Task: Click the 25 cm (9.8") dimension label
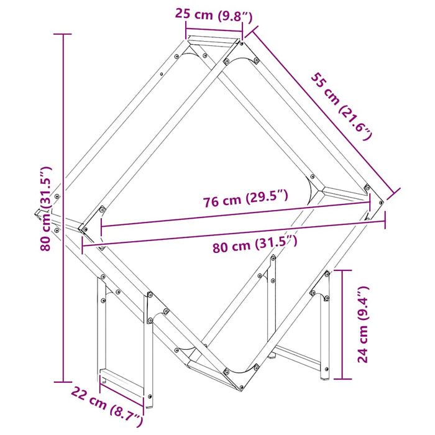(x=213, y=14)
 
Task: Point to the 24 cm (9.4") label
(x=364, y=324)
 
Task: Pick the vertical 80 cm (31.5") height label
(x=45, y=208)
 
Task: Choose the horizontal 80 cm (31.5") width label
(x=255, y=246)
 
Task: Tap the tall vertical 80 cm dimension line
(x=62, y=208)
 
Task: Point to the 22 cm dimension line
(x=122, y=395)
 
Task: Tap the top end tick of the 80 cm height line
(x=62, y=34)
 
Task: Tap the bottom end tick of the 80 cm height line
(x=62, y=382)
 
